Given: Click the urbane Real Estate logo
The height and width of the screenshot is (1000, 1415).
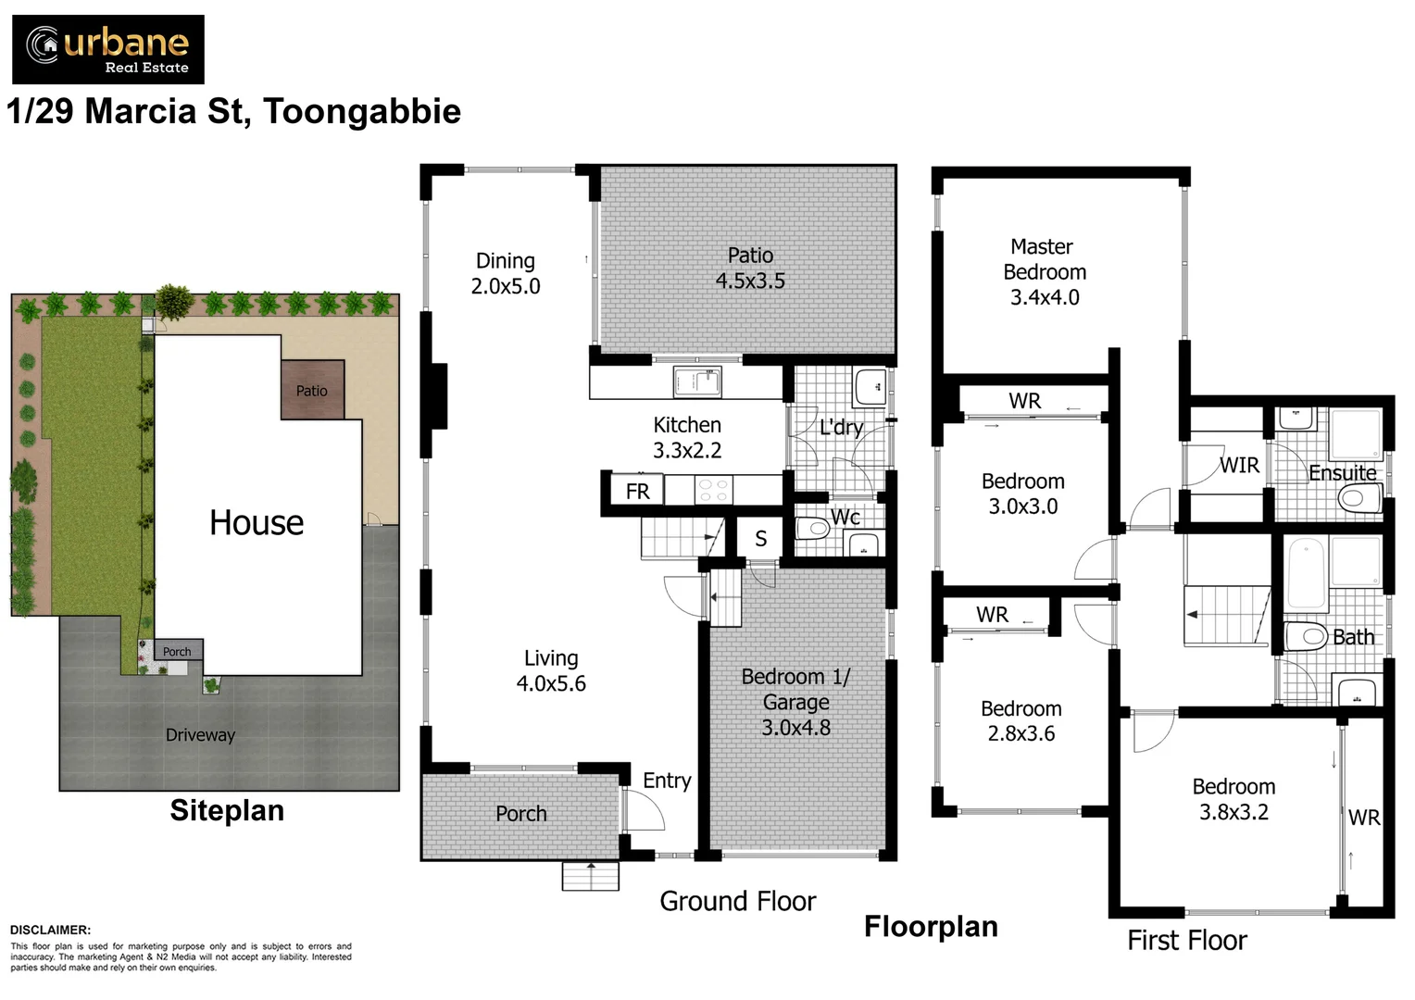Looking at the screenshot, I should (x=108, y=49).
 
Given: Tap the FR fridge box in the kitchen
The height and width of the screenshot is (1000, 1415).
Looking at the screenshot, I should (x=637, y=492).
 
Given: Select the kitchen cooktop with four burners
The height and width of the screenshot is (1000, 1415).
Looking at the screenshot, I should (x=714, y=490).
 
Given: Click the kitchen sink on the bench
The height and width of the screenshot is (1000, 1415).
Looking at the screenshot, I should (x=697, y=381).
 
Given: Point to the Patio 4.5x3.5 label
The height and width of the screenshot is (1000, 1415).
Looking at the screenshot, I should (x=750, y=268).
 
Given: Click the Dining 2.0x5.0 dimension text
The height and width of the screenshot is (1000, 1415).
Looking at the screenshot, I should (x=506, y=286).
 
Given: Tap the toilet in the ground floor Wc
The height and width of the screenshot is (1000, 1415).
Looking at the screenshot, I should (x=813, y=530).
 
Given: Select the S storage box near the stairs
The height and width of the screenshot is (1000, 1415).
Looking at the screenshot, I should (x=760, y=539).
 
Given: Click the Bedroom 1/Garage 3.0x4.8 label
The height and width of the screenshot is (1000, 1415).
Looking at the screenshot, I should (x=795, y=702).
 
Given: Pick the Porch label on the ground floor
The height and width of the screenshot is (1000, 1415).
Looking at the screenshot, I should (x=520, y=814).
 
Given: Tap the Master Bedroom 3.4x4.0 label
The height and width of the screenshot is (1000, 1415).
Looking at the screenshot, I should (x=1044, y=271).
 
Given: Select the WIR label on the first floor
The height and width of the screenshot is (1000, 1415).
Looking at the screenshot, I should (x=1238, y=465).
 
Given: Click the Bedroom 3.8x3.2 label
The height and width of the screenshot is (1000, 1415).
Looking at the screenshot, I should (x=1233, y=799).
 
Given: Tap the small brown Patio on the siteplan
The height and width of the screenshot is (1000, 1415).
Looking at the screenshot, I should (x=312, y=390).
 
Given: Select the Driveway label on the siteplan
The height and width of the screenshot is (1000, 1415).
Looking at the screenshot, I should (x=200, y=735).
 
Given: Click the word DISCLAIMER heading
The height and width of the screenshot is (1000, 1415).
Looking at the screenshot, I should (x=50, y=930).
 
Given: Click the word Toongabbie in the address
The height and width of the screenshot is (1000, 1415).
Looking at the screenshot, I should (x=362, y=111).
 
